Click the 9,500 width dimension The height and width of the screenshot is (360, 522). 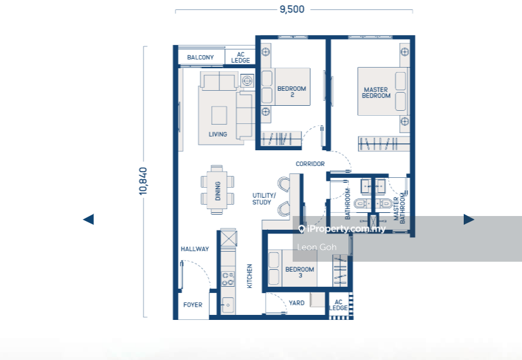click(292, 9)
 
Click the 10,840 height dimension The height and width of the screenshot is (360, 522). click(143, 181)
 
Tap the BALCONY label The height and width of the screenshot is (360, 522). click(201, 57)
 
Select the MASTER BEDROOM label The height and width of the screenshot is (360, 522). click(376, 93)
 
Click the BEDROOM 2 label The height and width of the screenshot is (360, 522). click(291, 91)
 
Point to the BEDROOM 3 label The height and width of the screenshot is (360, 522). click(300, 272)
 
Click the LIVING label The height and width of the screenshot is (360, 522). click(217, 135)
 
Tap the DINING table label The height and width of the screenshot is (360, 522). click(217, 191)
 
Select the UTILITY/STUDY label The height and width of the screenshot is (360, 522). click(264, 198)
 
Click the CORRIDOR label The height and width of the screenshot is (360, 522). click(310, 163)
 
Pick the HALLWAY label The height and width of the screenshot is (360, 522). click(195, 249)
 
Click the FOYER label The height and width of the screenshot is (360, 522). click(193, 305)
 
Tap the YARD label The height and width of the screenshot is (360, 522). click(296, 303)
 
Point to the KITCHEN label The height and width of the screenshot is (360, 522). click(249, 276)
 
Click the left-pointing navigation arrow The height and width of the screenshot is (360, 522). click(88, 219)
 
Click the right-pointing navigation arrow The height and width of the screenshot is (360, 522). click(469, 219)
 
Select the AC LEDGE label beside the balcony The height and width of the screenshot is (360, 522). click(241, 57)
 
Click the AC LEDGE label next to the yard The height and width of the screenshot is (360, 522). click(338, 305)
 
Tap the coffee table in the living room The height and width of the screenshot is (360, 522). click(219, 115)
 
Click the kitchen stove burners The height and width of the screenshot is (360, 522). click(228, 279)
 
